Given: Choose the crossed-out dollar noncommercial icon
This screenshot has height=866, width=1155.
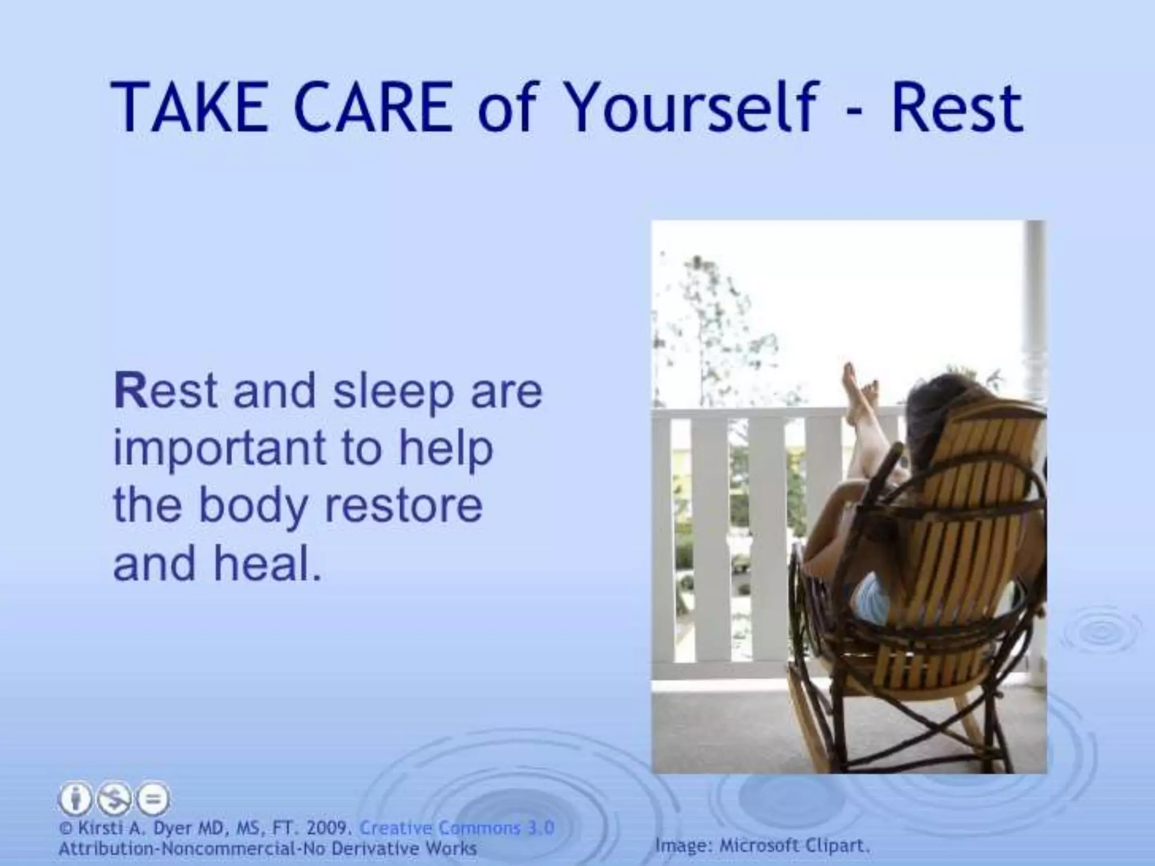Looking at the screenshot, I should (113, 799).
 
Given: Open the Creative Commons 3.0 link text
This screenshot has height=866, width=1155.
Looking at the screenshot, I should (457, 828).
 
